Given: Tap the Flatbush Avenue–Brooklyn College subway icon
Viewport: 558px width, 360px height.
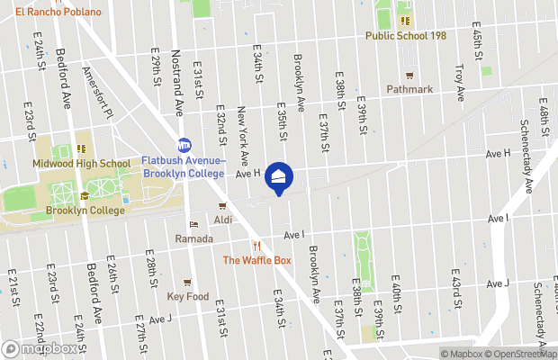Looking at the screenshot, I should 184,145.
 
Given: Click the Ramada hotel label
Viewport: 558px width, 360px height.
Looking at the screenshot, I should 194,238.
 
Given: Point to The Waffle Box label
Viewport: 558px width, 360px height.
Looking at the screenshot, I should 257,260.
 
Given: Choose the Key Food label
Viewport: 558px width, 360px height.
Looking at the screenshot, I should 188,296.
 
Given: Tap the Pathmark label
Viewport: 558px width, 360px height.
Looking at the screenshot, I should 409,89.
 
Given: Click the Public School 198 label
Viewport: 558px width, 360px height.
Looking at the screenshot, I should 406,35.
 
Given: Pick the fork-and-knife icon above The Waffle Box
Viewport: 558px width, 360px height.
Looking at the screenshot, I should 257,246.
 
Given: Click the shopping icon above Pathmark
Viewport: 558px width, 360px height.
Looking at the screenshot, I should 409,75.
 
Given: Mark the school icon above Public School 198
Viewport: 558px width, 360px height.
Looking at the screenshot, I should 405,21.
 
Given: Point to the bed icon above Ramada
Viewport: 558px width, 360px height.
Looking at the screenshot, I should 193,225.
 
